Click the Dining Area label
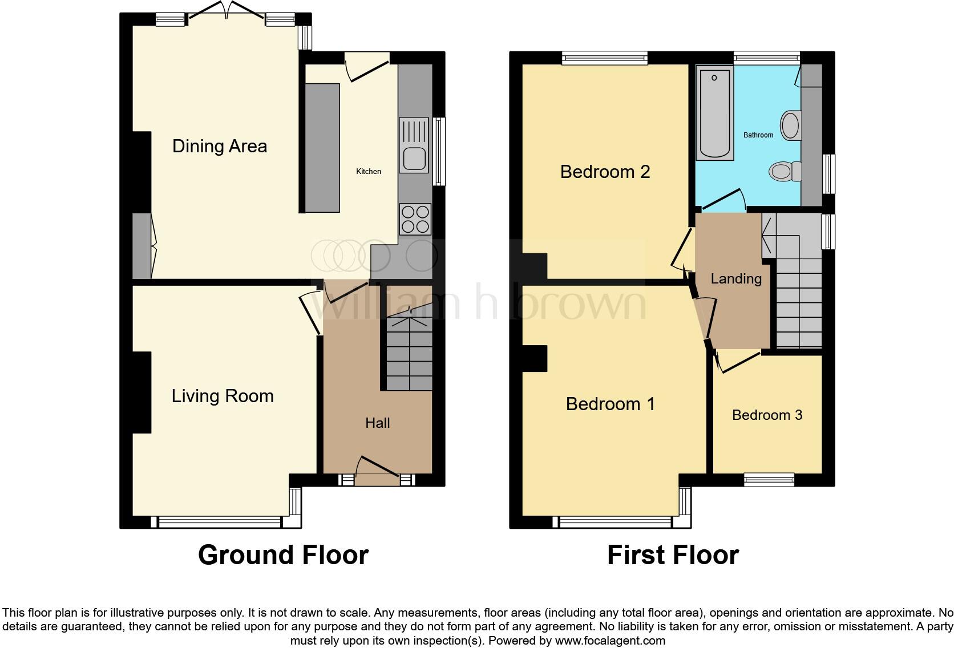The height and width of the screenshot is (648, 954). click(220, 146)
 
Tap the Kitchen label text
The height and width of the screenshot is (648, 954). click(369, 171)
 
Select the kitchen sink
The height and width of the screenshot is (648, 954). click(414, 145)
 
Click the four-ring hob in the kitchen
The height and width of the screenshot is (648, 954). click(415, 219)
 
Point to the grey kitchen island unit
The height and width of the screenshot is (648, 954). click(322, 148)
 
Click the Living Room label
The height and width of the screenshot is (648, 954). click(223, 396)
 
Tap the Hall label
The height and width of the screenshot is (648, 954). click(377, 423)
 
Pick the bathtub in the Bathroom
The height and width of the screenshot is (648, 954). click(714, 113)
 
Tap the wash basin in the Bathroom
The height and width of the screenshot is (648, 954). click(790, 125)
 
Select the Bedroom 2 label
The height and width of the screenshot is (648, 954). click(605, 172)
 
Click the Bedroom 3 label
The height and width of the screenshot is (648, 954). click(767, 415)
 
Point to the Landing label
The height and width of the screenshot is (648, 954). click(736, 279)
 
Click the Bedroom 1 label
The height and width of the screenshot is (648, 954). click(610, 404)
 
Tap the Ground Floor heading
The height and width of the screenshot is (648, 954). click(283, 554)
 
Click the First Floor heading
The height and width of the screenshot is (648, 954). click(673, 554)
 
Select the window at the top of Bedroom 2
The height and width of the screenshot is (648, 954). click(605, 57)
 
